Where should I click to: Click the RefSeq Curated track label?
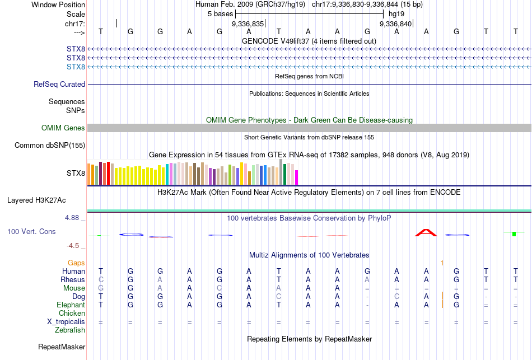tap(59, 85)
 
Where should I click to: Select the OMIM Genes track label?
tap(63, 128)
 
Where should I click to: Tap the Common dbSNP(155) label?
tap(50, 146)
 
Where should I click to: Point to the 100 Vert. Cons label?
tap(31, 231)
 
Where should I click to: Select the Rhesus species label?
tap(73, 279)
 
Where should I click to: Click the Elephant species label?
tap(71, 305)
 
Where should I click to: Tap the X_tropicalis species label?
tap(66, 322)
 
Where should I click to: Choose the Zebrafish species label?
tap(70, 330)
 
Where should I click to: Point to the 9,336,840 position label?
tap(395, 24)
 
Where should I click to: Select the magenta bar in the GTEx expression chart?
tap(296, 177)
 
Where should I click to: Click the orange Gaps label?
tap(76, 263)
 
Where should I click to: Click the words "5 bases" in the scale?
tap(220, 13)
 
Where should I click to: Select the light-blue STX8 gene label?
tap(76, 67)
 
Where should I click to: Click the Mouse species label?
tap(74, 288)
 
